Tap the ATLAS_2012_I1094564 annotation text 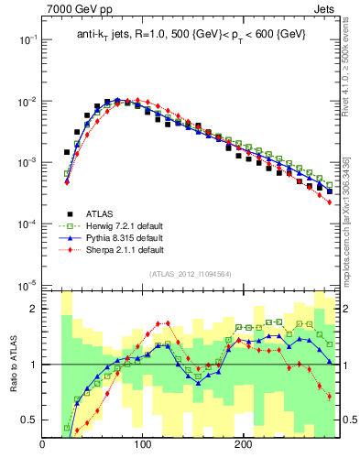pos(190,274)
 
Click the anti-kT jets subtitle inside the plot pos(191,35)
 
